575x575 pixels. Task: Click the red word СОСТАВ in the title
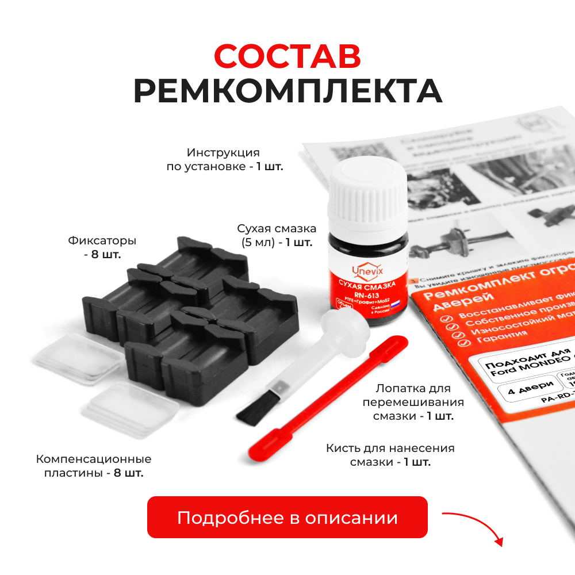coord(287,56)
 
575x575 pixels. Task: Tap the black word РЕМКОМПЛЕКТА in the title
coord(287,91)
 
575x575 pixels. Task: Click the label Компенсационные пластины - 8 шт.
coord(94,466)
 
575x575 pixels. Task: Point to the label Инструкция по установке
coord(223,160)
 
